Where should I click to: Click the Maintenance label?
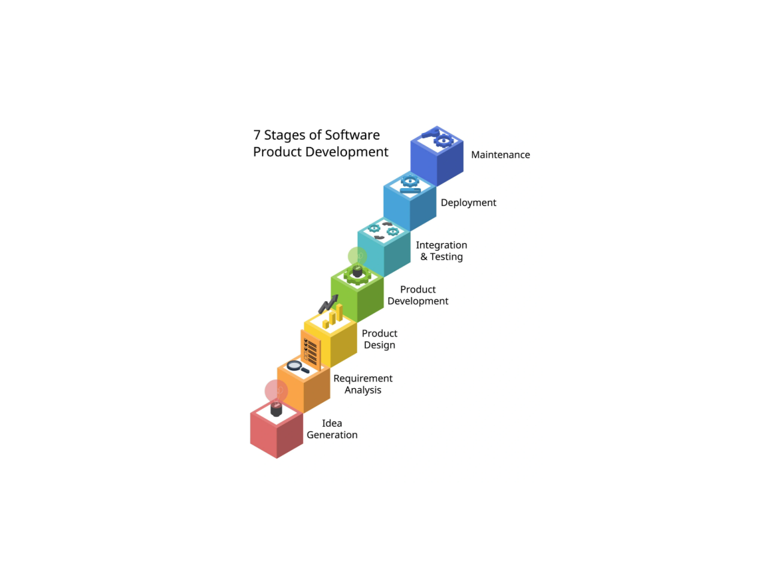click(x=500, y=155)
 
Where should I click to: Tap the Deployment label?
click(x=468, y=203)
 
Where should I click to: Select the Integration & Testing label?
click(x=442, y=251)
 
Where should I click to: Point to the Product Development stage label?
click(x=418, y=295)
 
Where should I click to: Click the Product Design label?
click(x=380, y=339)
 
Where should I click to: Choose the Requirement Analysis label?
click(x=362, y=384)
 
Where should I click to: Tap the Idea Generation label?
click(x=332, y=429)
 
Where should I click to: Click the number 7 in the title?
click(x=257, y=135)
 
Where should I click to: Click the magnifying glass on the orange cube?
click(x=296, y=366)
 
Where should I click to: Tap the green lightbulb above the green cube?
click(x=358, y=257)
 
